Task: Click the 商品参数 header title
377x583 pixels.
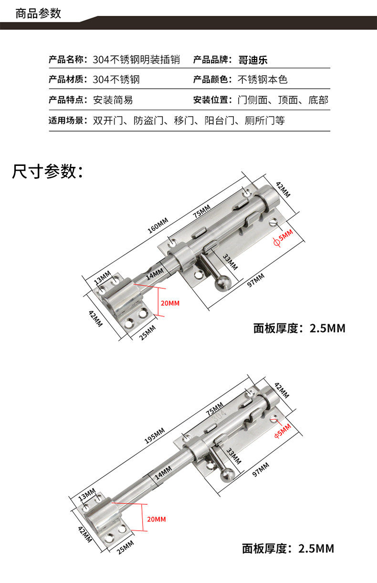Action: click(x=38, y=13)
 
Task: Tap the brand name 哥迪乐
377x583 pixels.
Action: click(x=253, y=60)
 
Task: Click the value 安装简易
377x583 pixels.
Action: click(x=113, y=100)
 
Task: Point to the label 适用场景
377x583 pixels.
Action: click(x=67, y=121)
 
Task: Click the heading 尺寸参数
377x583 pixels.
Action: click(x=48, y=171)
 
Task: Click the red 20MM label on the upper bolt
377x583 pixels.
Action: click(x=170, y=303)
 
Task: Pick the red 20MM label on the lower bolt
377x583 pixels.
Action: click(x=157, y=519)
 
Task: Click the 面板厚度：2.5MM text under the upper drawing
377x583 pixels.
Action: click(x=299, y=328)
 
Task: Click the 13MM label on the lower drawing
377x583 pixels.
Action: click(x=87, y=494)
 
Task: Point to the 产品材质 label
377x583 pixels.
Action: click(x=67, y=80)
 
